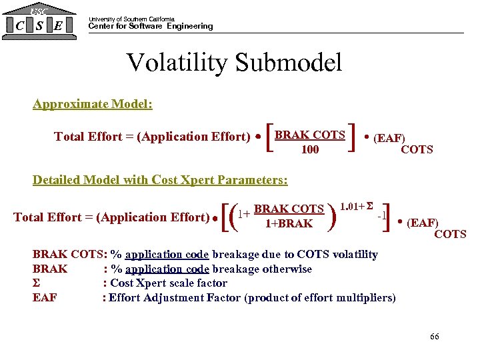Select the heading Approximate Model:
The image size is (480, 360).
(x=93, y=105)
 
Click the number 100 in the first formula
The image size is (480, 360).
(x=310, y=150)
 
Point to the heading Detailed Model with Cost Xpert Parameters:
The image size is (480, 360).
(x=160, y=180)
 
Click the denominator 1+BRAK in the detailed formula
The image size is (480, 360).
(x=289, y=224)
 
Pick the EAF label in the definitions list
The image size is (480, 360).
(x=45, y=298)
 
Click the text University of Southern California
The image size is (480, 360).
(x=131, y=19)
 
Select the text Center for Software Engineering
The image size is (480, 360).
(x=151, y=27)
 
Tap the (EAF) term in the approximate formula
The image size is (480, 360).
(x=389, y=139)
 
